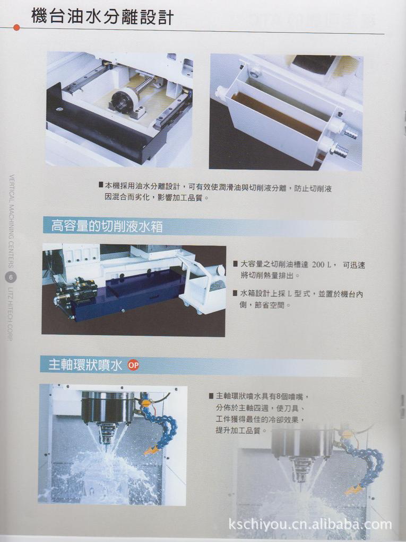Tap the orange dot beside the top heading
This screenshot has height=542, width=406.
pyautogui.click(x=16, y=28)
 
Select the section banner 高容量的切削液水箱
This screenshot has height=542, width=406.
pyautogui.click(x=107, y=227)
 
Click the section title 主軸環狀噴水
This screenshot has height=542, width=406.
pyautogui.click(x=85, y=365)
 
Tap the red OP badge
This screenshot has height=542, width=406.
pyautogui.click(x=133, y=365)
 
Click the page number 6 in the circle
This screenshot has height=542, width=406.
pyautogui.click(x=12, y=277)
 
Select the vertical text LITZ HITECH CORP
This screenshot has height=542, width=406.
pyautogui.click(x=12, y=313)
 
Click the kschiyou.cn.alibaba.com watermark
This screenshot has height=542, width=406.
pyautogui.click(x=310, y=525)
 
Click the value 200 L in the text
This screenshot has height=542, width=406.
pyautogui.click(x=321, y=264)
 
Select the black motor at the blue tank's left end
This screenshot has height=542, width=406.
pyautogui.click(x=76, y=292)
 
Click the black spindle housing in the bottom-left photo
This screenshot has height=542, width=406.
pyautogui.click(x=108, y=407)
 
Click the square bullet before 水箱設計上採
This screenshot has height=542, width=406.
pyautogui.click(x=235, y=293)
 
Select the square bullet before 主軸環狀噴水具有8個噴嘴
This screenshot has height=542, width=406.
pyautogui.click(x=211, y=396)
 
